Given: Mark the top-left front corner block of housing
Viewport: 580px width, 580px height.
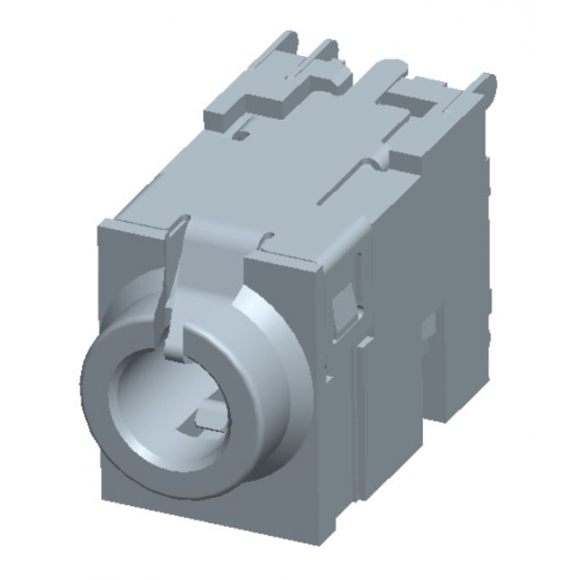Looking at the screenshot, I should [x=131, y=229].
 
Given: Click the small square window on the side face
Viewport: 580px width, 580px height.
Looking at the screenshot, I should [x=344, y=304].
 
